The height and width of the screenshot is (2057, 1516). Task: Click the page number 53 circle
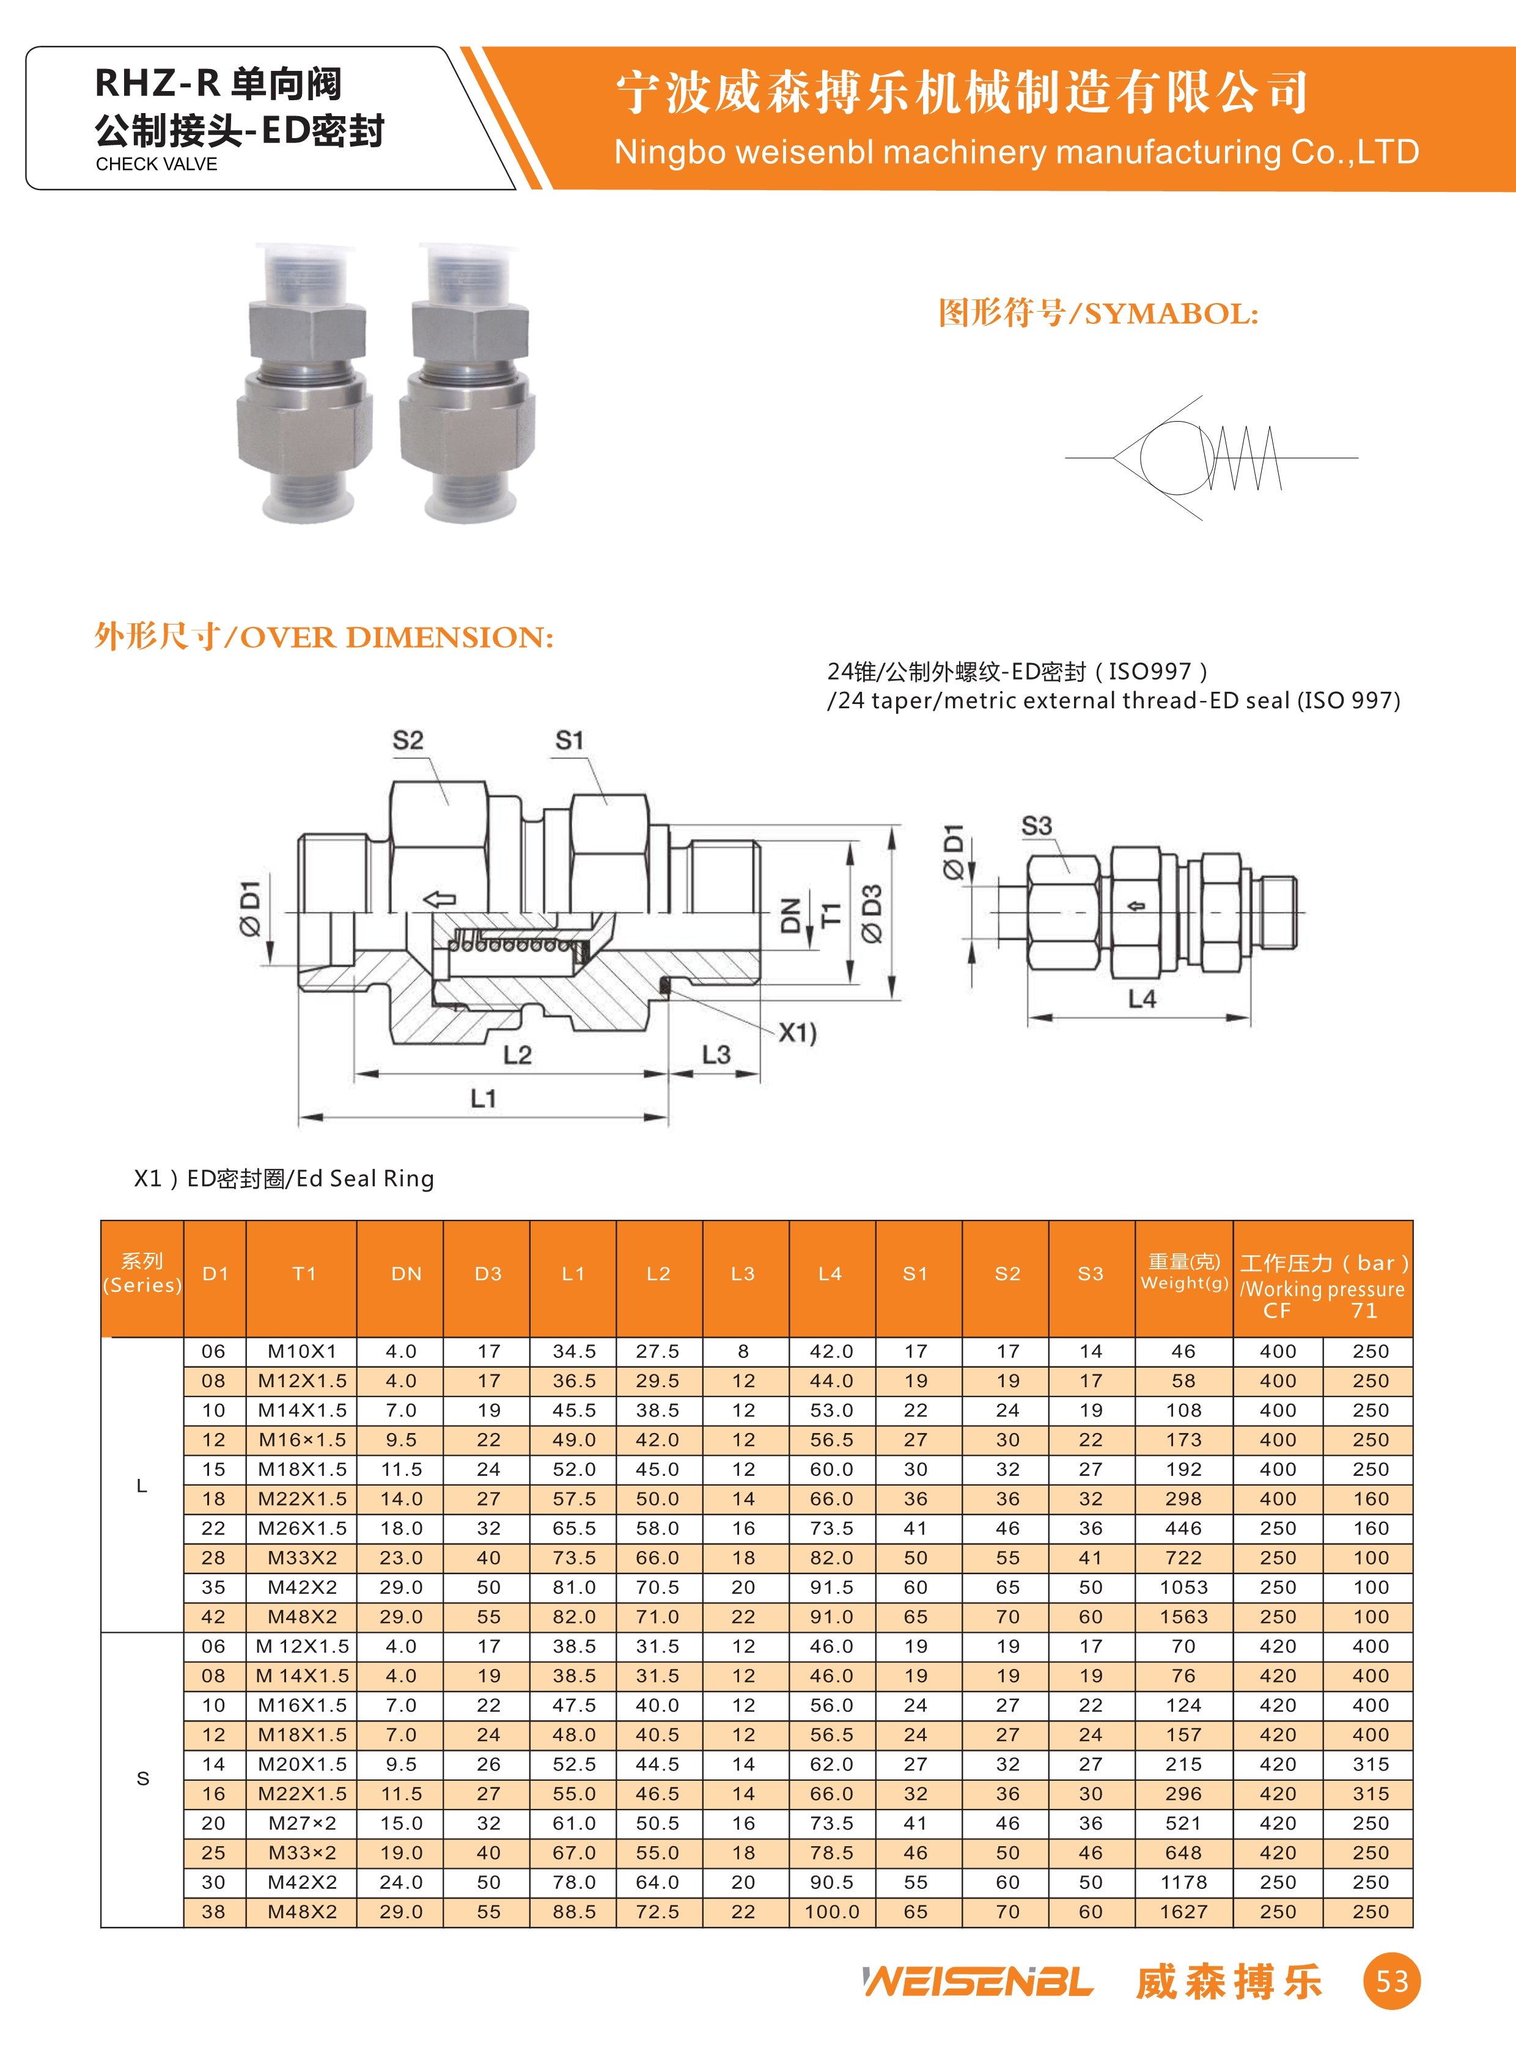pos(1391,1982)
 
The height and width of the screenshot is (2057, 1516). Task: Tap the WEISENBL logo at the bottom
pos(978,1982)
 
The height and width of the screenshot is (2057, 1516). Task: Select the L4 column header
pos(831,1274)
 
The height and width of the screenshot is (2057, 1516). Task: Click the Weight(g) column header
pos(1184,1274)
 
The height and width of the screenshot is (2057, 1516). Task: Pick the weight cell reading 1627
pos(1184,1912)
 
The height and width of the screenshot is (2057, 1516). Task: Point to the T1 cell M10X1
pos(302,1351)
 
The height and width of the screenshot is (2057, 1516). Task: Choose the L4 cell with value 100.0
pos(831,1912)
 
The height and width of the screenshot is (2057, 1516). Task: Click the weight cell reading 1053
pos(1184,1587)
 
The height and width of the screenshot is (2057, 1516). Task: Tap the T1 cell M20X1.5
pos(302,1764)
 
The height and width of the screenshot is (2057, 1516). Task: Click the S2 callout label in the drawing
pos(408,741)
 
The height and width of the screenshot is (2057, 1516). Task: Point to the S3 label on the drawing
pos(1037,826)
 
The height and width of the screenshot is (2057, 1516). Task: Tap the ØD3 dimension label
pos(872,913)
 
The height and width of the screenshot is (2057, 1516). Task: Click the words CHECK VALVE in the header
pos(157,164)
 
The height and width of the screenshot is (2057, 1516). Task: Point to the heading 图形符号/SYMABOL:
pos(1097,313)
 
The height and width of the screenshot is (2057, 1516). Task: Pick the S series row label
pos(142,1779)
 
